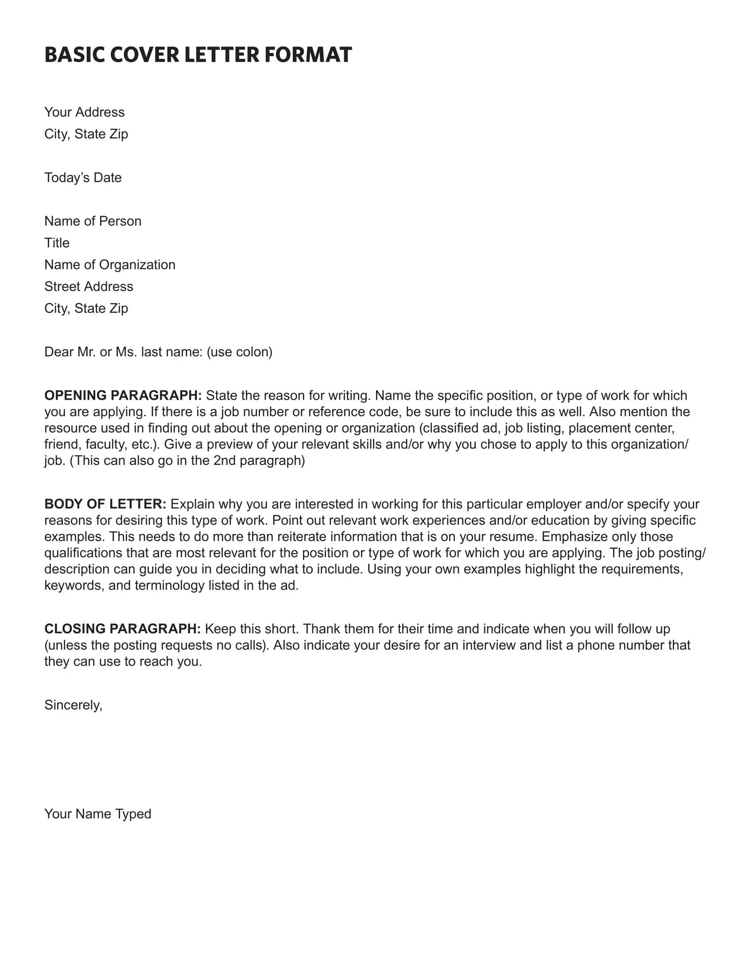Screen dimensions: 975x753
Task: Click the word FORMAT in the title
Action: click(308, 55)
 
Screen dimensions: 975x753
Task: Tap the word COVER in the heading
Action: click(144, 55)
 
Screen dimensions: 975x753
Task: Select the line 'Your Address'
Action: click(84, 112)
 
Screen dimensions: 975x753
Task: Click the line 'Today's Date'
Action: click(83, 178)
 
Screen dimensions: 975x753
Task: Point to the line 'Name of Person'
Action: click(93, 221)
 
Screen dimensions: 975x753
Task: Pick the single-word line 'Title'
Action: click(57, 243)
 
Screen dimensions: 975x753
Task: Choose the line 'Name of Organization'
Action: click(110, 265)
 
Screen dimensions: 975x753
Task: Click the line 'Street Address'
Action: click(89, 287)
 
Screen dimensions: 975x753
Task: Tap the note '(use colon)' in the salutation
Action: click(240, 352)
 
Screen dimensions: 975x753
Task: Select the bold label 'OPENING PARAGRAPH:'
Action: click(123, 395)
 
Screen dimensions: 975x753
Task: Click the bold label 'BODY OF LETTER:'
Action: click(105, 504)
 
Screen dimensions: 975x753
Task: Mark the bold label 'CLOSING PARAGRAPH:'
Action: click(123, 629)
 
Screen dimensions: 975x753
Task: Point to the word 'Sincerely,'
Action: click(74, 705)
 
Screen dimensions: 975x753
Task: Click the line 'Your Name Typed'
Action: click(98, 814)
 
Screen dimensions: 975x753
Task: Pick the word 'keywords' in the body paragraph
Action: click(74, 586)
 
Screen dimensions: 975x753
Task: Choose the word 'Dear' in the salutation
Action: click(59, 352)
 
